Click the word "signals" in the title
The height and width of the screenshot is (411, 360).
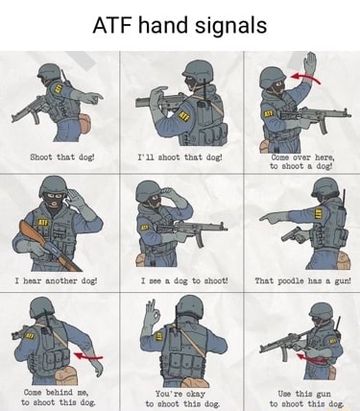pyautogui.click(x=230, y=26)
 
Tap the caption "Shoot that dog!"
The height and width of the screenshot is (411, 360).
pyautogui.click(x=62, y=157)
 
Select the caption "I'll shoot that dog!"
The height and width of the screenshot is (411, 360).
pyautogui.click(x=180, y=157)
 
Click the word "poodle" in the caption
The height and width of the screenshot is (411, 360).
pyautogui.click(x=291, y=281)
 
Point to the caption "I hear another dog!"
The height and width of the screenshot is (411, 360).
pyautogui.click(x=56, y=281)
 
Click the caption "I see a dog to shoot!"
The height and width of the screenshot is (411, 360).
pyautogui.click(x=185, y=281)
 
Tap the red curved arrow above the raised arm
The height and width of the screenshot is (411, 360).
pyautogui.click(x=305, y=78)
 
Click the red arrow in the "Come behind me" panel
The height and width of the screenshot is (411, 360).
pyautogui.click(x=88, y=356)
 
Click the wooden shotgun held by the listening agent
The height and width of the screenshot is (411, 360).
pyautogui.click(x=48, y=243)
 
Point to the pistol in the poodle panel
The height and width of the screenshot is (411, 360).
pyautogui.click(x=294, y=235)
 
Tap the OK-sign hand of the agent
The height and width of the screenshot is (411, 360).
pyautogui.click(x=152, y=313)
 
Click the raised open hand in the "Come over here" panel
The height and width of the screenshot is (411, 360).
pyautogui.click(x=309, y=64)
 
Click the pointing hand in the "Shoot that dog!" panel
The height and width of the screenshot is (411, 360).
pyautogui.click(x=93, y=97)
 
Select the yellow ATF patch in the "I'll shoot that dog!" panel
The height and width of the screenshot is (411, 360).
pyautogui.click(x=183, y=116)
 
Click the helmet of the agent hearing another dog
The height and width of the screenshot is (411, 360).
pyautogui.click(x=54, y=185)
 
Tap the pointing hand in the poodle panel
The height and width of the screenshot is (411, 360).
pyautogui.click(x=272, y=218)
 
